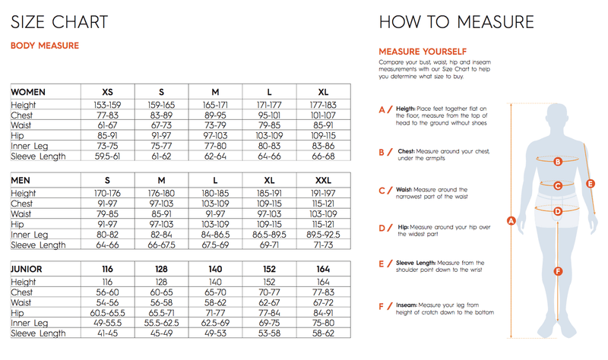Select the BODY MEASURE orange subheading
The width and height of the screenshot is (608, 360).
[44, 46]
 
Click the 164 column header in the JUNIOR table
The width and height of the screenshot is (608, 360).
[323, 270]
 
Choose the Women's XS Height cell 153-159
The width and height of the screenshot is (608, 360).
[107, 105]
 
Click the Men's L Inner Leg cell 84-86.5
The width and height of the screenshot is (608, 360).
[215, 234]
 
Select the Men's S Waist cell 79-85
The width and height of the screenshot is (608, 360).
[107, 214]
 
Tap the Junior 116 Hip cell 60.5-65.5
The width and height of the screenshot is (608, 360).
[107, 312]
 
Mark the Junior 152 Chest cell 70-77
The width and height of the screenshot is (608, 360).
[269, 292]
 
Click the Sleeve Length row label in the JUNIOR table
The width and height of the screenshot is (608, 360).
[39, 333]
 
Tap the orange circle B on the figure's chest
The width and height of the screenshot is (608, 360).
[558, 161]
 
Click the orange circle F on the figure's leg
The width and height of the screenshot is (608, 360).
[558, 271]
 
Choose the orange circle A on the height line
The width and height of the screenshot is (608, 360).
[511, 221]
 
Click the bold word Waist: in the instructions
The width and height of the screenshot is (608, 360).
[405, 189]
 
